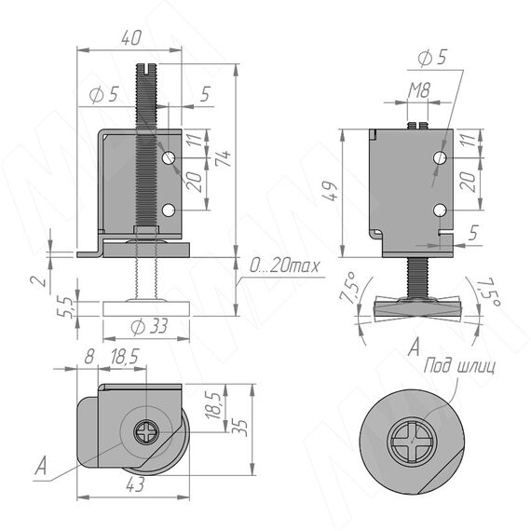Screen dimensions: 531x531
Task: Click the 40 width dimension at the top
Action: point(131,37)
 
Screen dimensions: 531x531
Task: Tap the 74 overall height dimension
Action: point(223,157)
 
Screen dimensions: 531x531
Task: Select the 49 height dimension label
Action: point(329,192)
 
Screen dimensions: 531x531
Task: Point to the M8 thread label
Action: point(419,90)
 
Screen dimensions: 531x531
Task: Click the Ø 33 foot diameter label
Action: point(149,327)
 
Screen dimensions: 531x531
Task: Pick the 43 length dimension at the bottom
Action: point(135,484)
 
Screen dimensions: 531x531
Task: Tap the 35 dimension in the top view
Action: point(239,428)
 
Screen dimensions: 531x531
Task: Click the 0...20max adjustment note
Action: point(284,266)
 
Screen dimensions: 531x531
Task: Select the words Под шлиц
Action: point(459,366)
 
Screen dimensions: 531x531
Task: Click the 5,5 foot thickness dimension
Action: point(65,307)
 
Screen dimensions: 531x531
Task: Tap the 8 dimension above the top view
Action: point(89,357)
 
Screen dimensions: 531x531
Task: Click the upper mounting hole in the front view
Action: point(169,157)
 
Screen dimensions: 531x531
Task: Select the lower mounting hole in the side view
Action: point(440,211)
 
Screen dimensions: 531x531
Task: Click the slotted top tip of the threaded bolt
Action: point(146,69)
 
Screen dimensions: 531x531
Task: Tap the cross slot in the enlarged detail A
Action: point(412,442)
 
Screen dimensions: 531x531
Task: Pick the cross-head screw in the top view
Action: point(145,432)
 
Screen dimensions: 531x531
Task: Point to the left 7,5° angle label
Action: point(348,287)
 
